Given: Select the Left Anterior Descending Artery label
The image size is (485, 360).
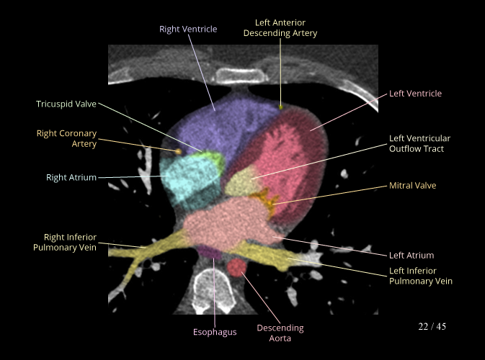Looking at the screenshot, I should point(280,28).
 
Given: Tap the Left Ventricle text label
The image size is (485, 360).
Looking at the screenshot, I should point(415,94).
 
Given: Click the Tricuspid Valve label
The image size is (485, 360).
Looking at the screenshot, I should point(66,104).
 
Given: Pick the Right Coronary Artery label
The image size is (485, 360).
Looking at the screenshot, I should point(66,138).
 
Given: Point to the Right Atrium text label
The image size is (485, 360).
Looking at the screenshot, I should point(71,177).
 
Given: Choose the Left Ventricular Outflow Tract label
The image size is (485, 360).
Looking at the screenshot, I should point(419,143).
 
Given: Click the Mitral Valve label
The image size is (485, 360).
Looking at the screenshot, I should point(412,185).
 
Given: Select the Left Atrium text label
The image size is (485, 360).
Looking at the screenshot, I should point(411,255).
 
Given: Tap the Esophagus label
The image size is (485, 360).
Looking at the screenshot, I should point(215,332).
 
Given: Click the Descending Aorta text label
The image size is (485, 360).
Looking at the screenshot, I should point(280,333).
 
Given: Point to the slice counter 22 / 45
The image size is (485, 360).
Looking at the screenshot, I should point(432,326).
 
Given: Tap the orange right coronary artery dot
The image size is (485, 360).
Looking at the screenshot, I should point(178,151).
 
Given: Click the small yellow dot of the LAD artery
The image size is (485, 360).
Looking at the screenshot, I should point(281,107).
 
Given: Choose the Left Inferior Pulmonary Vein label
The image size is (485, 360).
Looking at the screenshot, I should point(421,276).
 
